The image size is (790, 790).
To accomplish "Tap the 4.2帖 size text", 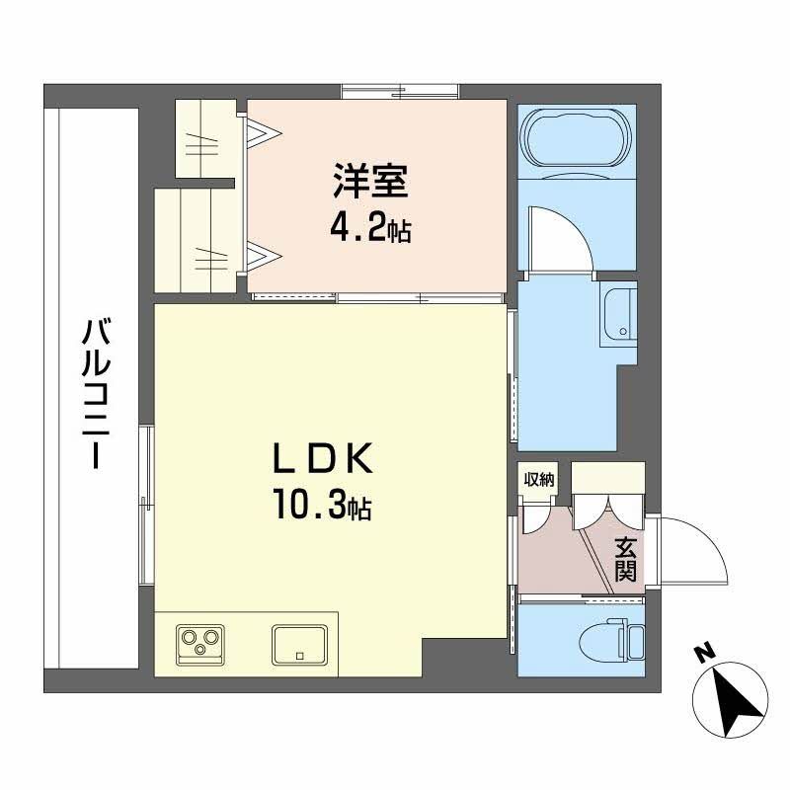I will [x=370, y=232].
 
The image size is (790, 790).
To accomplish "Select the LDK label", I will [x=322, y=460].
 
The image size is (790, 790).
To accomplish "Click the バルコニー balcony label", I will [x=97, y=392].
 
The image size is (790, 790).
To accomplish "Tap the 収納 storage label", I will [x=538, y=480].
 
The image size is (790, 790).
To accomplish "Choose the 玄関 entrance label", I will [x=625, y=558].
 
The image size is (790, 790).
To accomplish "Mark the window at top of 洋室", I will [x=401, y=92].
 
